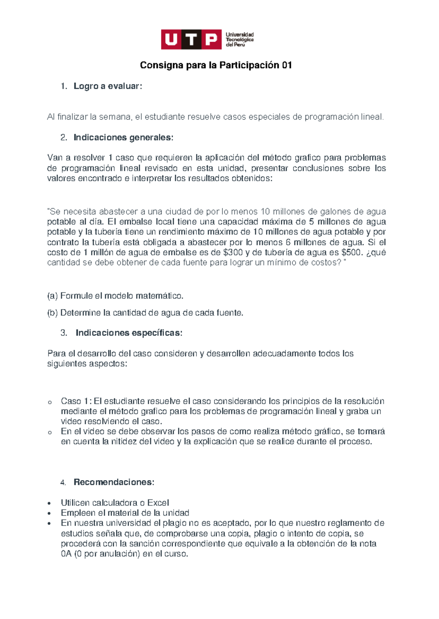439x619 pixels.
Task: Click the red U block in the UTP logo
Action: tap(171, 39)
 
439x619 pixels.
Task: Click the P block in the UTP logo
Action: tap(211, 39)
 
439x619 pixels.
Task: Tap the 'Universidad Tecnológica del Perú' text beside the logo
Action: tap(240, 39)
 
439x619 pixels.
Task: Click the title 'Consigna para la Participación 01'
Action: tap(216, 65)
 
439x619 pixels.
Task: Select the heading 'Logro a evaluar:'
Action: tap(108, 86)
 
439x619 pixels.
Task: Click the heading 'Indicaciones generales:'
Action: tap(123, 138)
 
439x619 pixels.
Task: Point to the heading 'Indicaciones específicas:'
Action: tap(129, 333)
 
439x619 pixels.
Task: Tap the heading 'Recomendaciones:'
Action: tap(114, 482)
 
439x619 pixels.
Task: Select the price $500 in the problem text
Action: tap(351, 252)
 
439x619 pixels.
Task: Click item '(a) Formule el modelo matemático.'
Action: tap(115, 296)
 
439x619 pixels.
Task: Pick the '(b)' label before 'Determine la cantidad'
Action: tap(52, 313)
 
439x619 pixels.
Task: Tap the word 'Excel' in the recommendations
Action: tap(158, 503)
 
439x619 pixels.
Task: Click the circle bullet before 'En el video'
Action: tap(49, 432)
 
